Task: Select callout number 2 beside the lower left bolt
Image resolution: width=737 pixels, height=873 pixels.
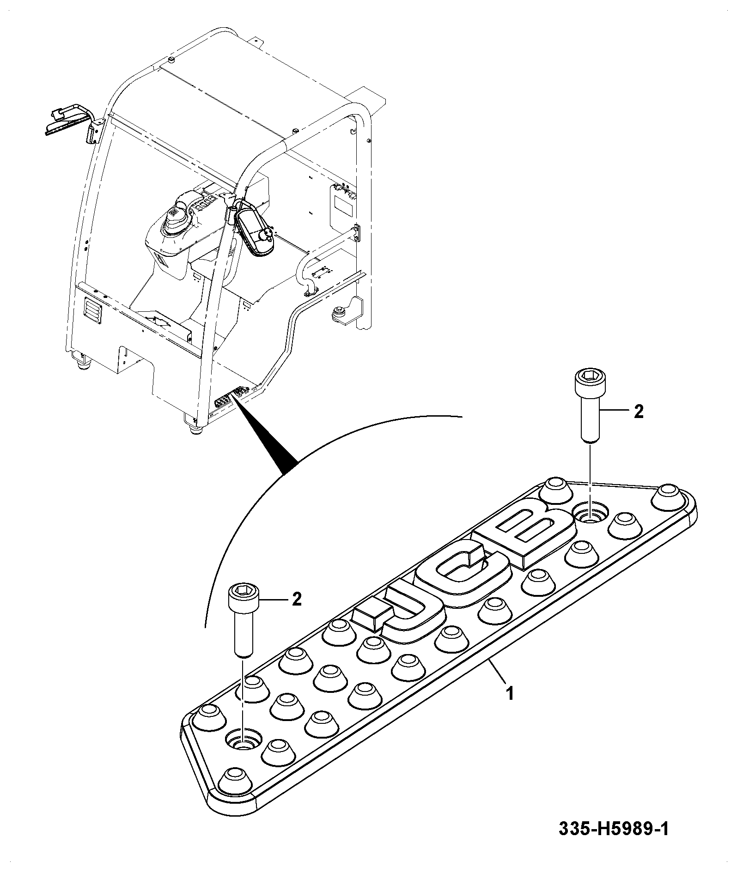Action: click(x=296, y=600)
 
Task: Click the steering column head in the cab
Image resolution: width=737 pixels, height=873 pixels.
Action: click(x=180, y=222)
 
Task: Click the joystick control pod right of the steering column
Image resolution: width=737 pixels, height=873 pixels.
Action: click(x=255, y=231)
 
